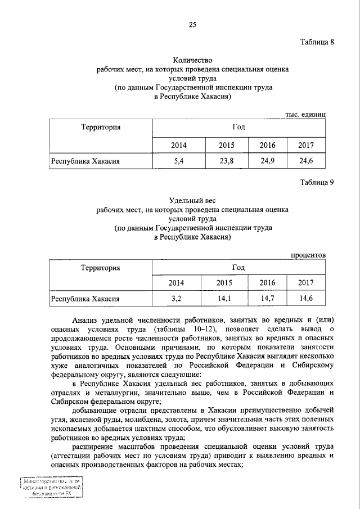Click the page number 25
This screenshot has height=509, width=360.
(192, 24)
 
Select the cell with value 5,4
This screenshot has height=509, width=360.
(179, 161)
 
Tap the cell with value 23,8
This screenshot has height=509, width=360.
(227, 161)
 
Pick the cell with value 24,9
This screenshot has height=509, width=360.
(267, 161)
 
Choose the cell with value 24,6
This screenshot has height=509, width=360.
(306, 161)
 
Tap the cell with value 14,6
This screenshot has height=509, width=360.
(306, 298)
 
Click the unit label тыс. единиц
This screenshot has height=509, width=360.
(305, 114)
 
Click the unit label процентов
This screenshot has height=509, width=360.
(308, 255)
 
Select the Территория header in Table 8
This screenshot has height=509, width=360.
(101, 127)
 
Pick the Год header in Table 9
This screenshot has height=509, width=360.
(238, 268)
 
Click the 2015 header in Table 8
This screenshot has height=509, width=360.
(227, 146)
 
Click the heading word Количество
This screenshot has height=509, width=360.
(192, 60)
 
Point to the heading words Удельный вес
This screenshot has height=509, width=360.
(192, 200)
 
